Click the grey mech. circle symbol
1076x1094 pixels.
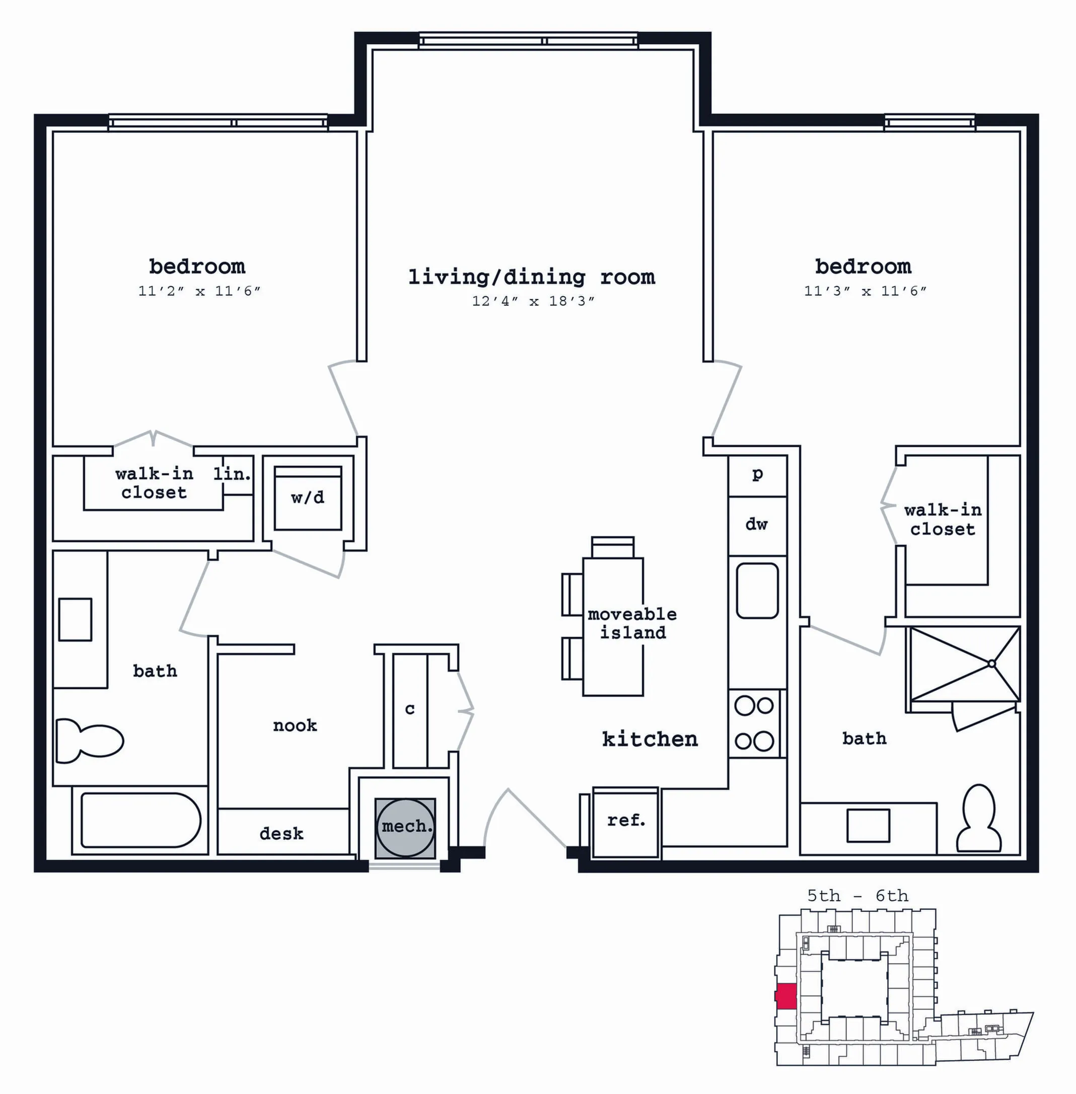pos(405,826)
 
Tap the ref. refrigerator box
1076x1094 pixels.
pos(625,823)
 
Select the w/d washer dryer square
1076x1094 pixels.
pos(308,498)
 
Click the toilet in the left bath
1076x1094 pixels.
pos(90,740)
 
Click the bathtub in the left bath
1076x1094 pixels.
pos(140,820)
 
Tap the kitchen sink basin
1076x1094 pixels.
pos(757,591)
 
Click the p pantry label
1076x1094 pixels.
pos(758,474)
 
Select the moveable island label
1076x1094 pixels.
pos(632,623)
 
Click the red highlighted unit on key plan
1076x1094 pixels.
pos(786,996)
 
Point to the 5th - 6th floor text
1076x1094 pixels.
pos(858,896)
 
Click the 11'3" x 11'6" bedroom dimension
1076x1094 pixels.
pos(866,291)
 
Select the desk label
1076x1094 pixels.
pos(281,834)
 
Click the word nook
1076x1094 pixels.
pos(295,725)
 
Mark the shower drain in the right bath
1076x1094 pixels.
pos(991,664)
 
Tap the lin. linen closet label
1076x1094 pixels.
pos(232,474)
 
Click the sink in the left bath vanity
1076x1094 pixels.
pos(75,619)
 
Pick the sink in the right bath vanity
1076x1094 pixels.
pos(868,826)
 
